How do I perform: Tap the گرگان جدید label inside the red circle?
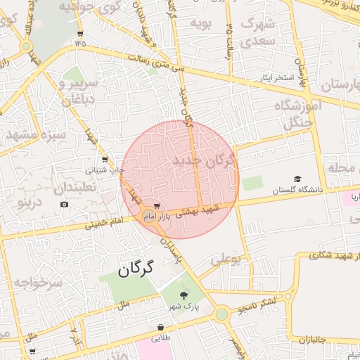[x=205, y=162]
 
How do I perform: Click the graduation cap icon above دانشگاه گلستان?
[x=298, y=180]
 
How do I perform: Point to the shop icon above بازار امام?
[x=156, y=206]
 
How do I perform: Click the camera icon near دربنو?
[x=65, y=205]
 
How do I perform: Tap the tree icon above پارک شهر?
[x=184, y=295]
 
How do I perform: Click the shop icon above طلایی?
[x=162, y=328]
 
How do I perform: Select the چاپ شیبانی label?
[x=105, y=169]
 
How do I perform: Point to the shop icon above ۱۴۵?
[x=82, y=33]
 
